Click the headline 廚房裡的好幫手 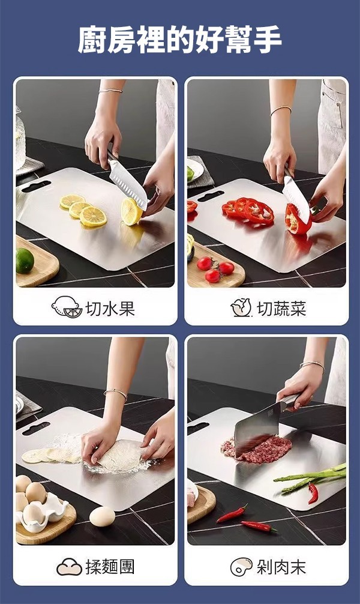pos(180,40)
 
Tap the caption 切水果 pos(110,309)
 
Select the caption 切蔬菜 pos(281,309)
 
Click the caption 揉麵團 pos(110,567)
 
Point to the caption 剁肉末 pos(281,567)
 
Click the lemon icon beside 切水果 pos(67,307)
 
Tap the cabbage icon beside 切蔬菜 pos(241,308)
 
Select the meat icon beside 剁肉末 pos(241,567)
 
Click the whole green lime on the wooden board pos(25,261)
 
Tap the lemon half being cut pos(131,211)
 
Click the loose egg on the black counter pos(102,516)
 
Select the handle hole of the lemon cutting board pos(36,187)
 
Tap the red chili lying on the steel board pos(313,493)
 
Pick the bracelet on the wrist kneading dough pos(116,393)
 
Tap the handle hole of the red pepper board pos(210,196)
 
